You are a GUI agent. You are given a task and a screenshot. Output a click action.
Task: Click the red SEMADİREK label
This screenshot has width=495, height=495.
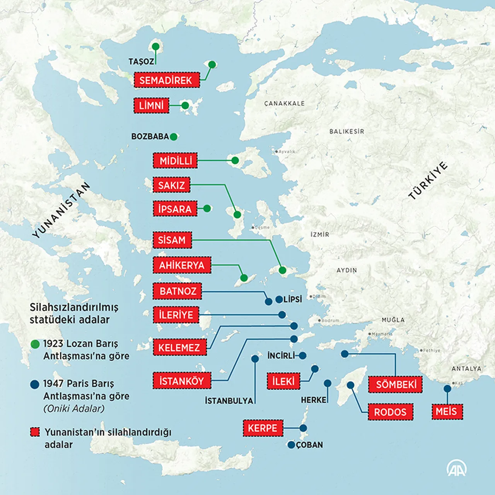coord(167,80)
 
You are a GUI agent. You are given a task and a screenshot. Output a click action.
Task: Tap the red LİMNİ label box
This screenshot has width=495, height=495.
coord(151,106)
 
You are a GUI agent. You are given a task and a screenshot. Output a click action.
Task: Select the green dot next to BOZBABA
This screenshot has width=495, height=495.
coord(174,137)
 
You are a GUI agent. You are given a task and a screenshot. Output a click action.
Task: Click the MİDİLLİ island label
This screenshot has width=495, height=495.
coord(175,160)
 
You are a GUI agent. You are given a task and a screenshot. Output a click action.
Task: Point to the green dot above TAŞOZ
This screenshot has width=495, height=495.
coord(155,47)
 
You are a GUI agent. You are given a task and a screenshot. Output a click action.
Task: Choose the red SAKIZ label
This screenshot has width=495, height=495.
coord(171,185)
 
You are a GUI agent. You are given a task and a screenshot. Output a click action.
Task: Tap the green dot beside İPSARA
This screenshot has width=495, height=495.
coord(207,208)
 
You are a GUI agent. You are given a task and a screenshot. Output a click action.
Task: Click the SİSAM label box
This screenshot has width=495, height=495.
coord(172,240)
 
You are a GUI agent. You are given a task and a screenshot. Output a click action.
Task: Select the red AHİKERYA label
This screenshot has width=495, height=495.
coord(182,265)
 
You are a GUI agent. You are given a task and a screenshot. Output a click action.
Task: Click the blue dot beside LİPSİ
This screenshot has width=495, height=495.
coord(279,299)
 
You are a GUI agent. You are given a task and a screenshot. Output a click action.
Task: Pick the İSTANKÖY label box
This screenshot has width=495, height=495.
coord(182,381)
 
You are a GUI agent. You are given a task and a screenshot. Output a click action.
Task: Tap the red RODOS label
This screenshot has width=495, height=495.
coord(390,412)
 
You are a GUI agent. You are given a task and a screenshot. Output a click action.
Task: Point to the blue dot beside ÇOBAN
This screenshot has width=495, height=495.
coord(291,445)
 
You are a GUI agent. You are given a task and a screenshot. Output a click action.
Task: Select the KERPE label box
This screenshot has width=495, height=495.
coord(263,428)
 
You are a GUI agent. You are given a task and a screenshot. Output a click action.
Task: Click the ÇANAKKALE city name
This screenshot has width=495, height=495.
coord(284,104)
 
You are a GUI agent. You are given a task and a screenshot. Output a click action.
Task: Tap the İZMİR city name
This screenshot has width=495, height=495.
coord(320,234)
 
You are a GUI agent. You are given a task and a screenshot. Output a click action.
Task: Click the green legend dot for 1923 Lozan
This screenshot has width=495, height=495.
coord(35,344)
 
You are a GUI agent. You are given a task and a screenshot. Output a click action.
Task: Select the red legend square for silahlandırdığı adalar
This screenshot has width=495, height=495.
coord(35,432)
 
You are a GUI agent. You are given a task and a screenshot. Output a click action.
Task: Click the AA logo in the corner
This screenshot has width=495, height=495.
coord(456,468)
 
